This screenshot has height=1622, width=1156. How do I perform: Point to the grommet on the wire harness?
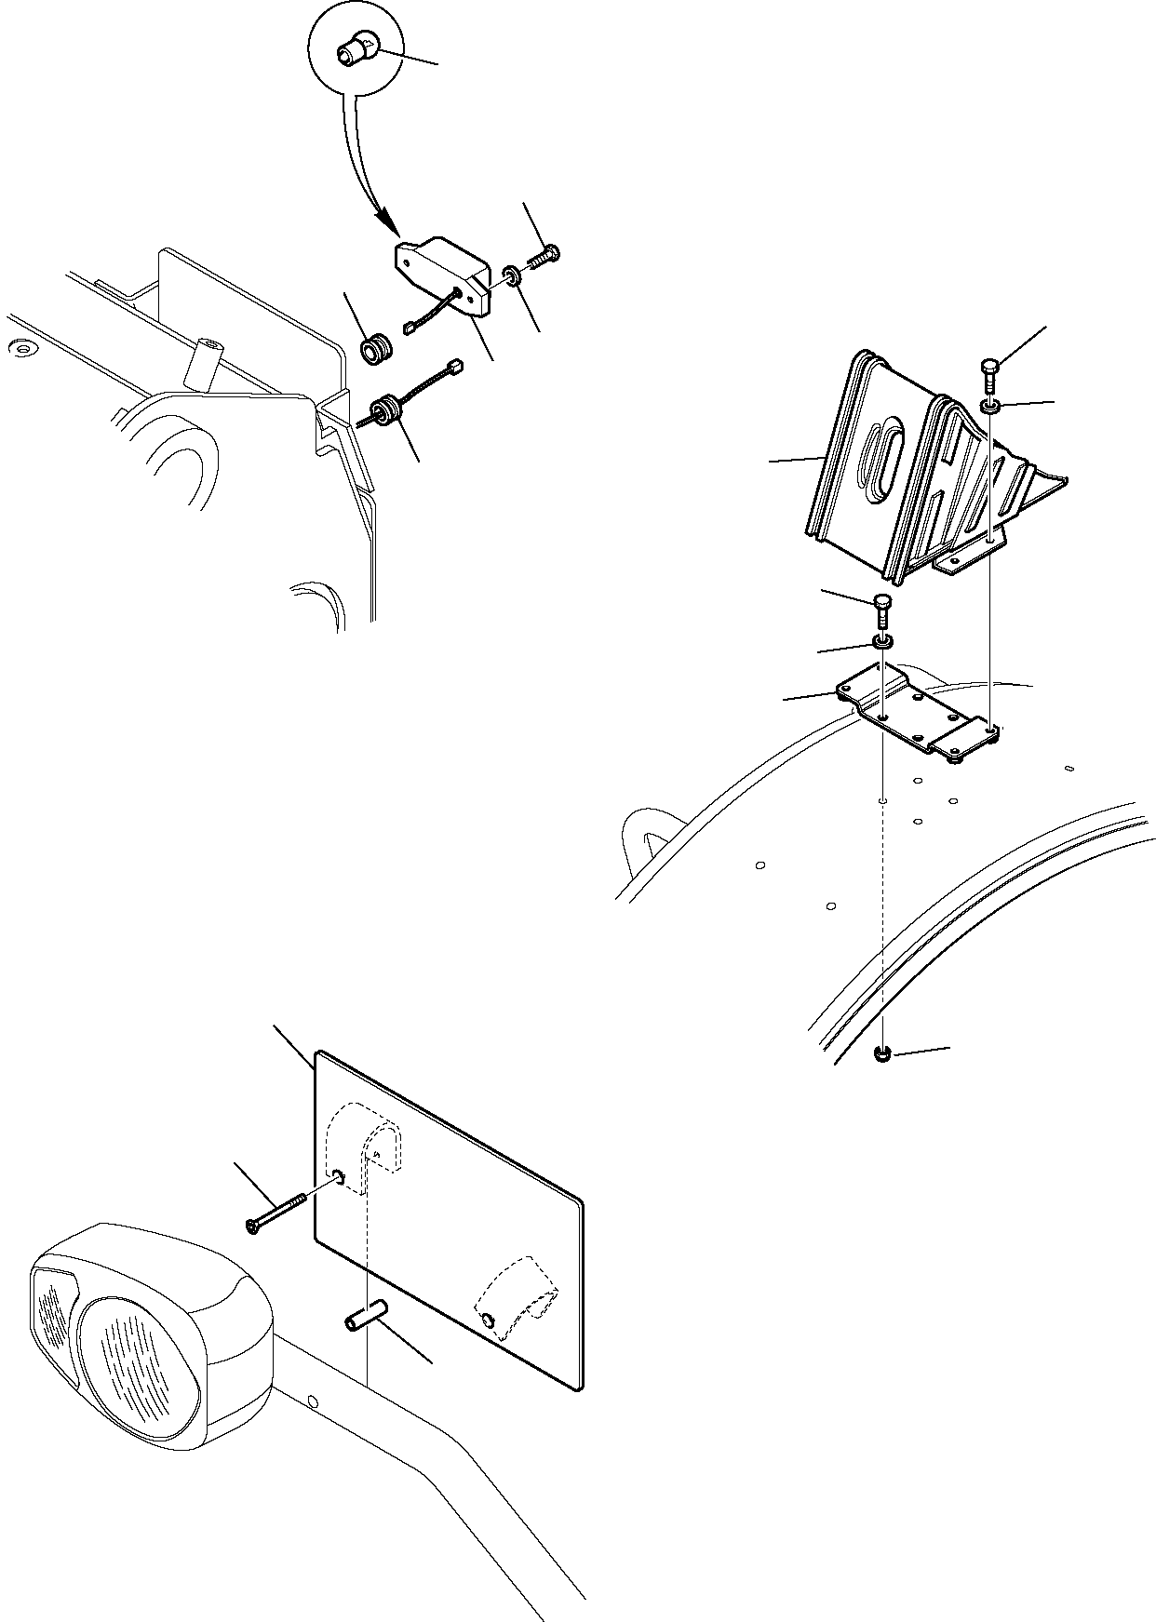click(x=384, y=411)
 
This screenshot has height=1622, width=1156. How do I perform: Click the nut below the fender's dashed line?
click(x=882, y=1053)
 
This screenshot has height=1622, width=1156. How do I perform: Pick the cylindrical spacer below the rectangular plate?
click(x=365, y=1322)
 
